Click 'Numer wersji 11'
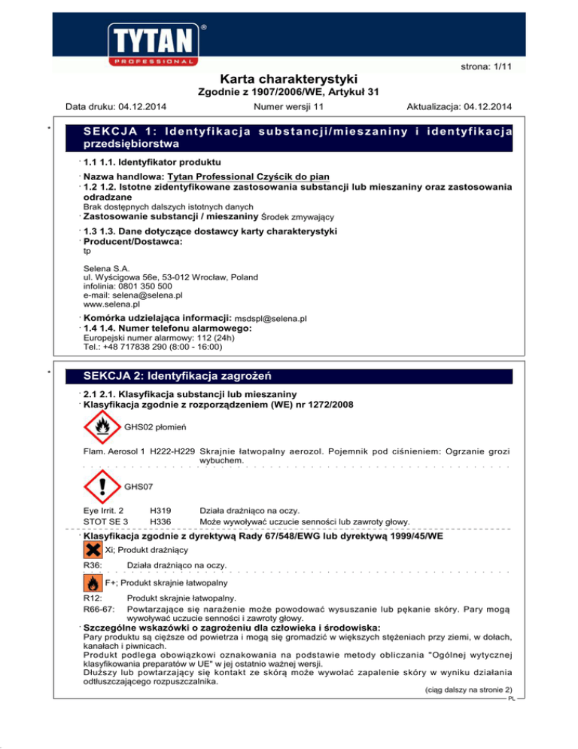289,109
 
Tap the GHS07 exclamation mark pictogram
101,488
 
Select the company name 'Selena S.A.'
106,267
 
